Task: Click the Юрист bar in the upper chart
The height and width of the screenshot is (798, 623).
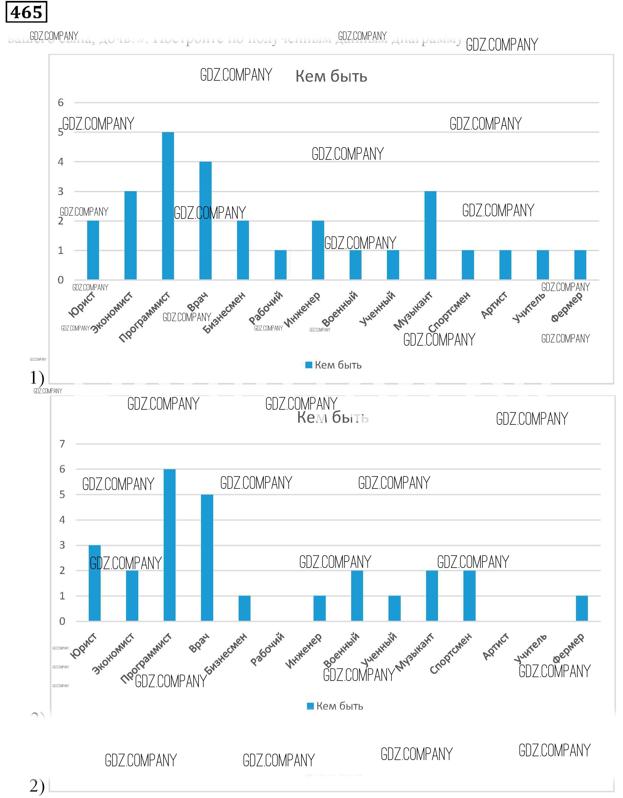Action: [x=93, y=250]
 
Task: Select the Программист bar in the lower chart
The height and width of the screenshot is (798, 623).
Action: [x=169, y=545]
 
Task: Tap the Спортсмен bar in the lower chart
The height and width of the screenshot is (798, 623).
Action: [x=469, y=596]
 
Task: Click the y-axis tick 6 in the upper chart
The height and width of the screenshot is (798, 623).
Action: [x=61, y=103]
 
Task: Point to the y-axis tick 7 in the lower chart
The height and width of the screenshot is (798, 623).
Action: [x=62, y=444]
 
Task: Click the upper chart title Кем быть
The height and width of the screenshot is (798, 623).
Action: [x=331, y=76]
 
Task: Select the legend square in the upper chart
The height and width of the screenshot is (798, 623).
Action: [x=309, y=365]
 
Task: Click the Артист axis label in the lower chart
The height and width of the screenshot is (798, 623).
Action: [x=495, y=647]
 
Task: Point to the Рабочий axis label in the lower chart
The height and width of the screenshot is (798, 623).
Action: [x=267, y=649]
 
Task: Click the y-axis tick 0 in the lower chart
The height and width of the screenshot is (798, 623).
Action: [x=62, y=621]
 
